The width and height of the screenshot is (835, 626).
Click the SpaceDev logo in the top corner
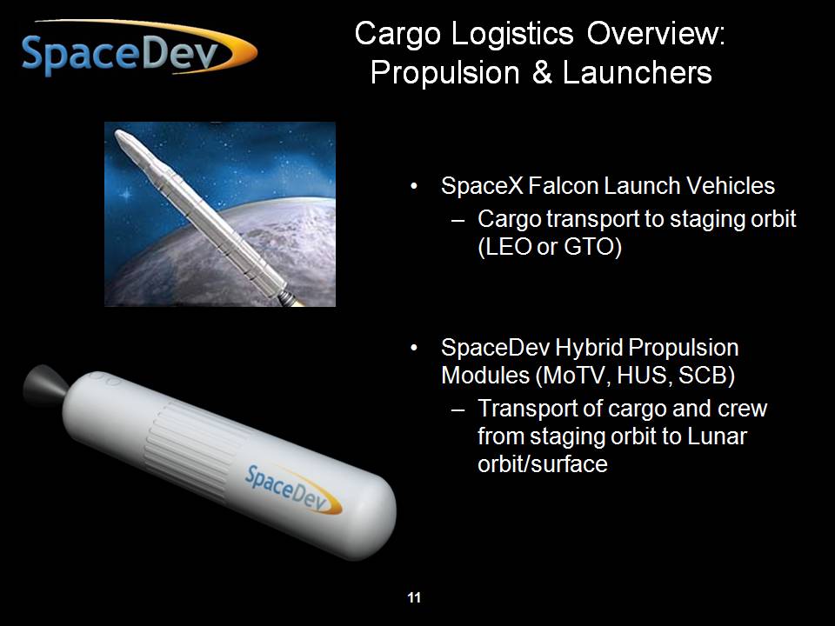(x=138, y=48)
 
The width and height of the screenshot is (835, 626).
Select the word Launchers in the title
(x=637, y=72)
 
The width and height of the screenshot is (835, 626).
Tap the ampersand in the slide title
(x=542, y=73)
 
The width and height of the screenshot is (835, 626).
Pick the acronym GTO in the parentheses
(x=589, y=246)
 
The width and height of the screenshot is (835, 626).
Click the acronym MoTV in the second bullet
(x=573, y=376)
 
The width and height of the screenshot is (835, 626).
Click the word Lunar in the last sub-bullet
(x=717, y=436)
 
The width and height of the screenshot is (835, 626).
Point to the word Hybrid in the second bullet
(x=589, y=349)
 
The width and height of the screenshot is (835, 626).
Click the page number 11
(x=414, y=598)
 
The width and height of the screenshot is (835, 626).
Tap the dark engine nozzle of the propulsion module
(x=44, y=384)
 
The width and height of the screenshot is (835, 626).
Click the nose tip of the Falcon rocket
(x=117, y=132)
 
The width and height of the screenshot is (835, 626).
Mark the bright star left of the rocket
(x=126, y=194)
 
